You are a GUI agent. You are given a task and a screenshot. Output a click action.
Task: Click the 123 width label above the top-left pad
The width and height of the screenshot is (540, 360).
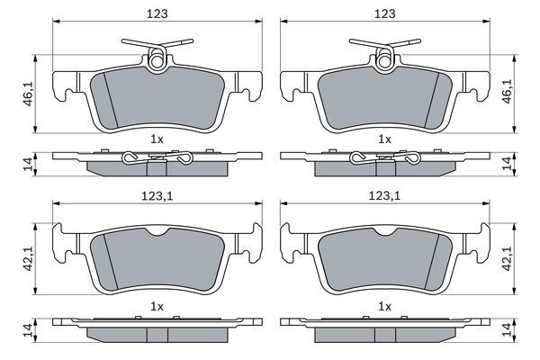[x=157, y=13]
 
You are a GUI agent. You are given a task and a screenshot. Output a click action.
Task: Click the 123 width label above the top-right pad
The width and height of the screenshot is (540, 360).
[x=385, y=13]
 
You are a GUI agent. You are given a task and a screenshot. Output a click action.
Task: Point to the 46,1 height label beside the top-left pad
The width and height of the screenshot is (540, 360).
[x=28, y=93]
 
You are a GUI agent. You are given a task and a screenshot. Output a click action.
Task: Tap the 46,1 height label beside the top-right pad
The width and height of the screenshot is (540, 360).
[x=508, y=91]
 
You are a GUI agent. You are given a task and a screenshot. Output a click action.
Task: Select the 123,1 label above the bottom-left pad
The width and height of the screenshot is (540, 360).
[x=157, y=196]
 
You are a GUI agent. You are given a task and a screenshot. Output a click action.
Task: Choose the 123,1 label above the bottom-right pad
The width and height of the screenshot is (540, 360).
[x=384, y=196]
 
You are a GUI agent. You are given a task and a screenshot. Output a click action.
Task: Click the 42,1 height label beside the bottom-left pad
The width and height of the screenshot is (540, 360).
[x=28, y=258]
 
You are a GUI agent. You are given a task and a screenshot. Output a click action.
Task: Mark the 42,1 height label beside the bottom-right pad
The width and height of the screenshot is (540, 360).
[x=508, y=258]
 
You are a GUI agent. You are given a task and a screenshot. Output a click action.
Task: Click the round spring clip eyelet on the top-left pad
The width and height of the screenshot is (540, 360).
[x=157, y=62]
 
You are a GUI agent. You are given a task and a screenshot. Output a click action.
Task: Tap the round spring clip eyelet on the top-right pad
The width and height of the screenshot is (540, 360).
[x=384, y=62]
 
